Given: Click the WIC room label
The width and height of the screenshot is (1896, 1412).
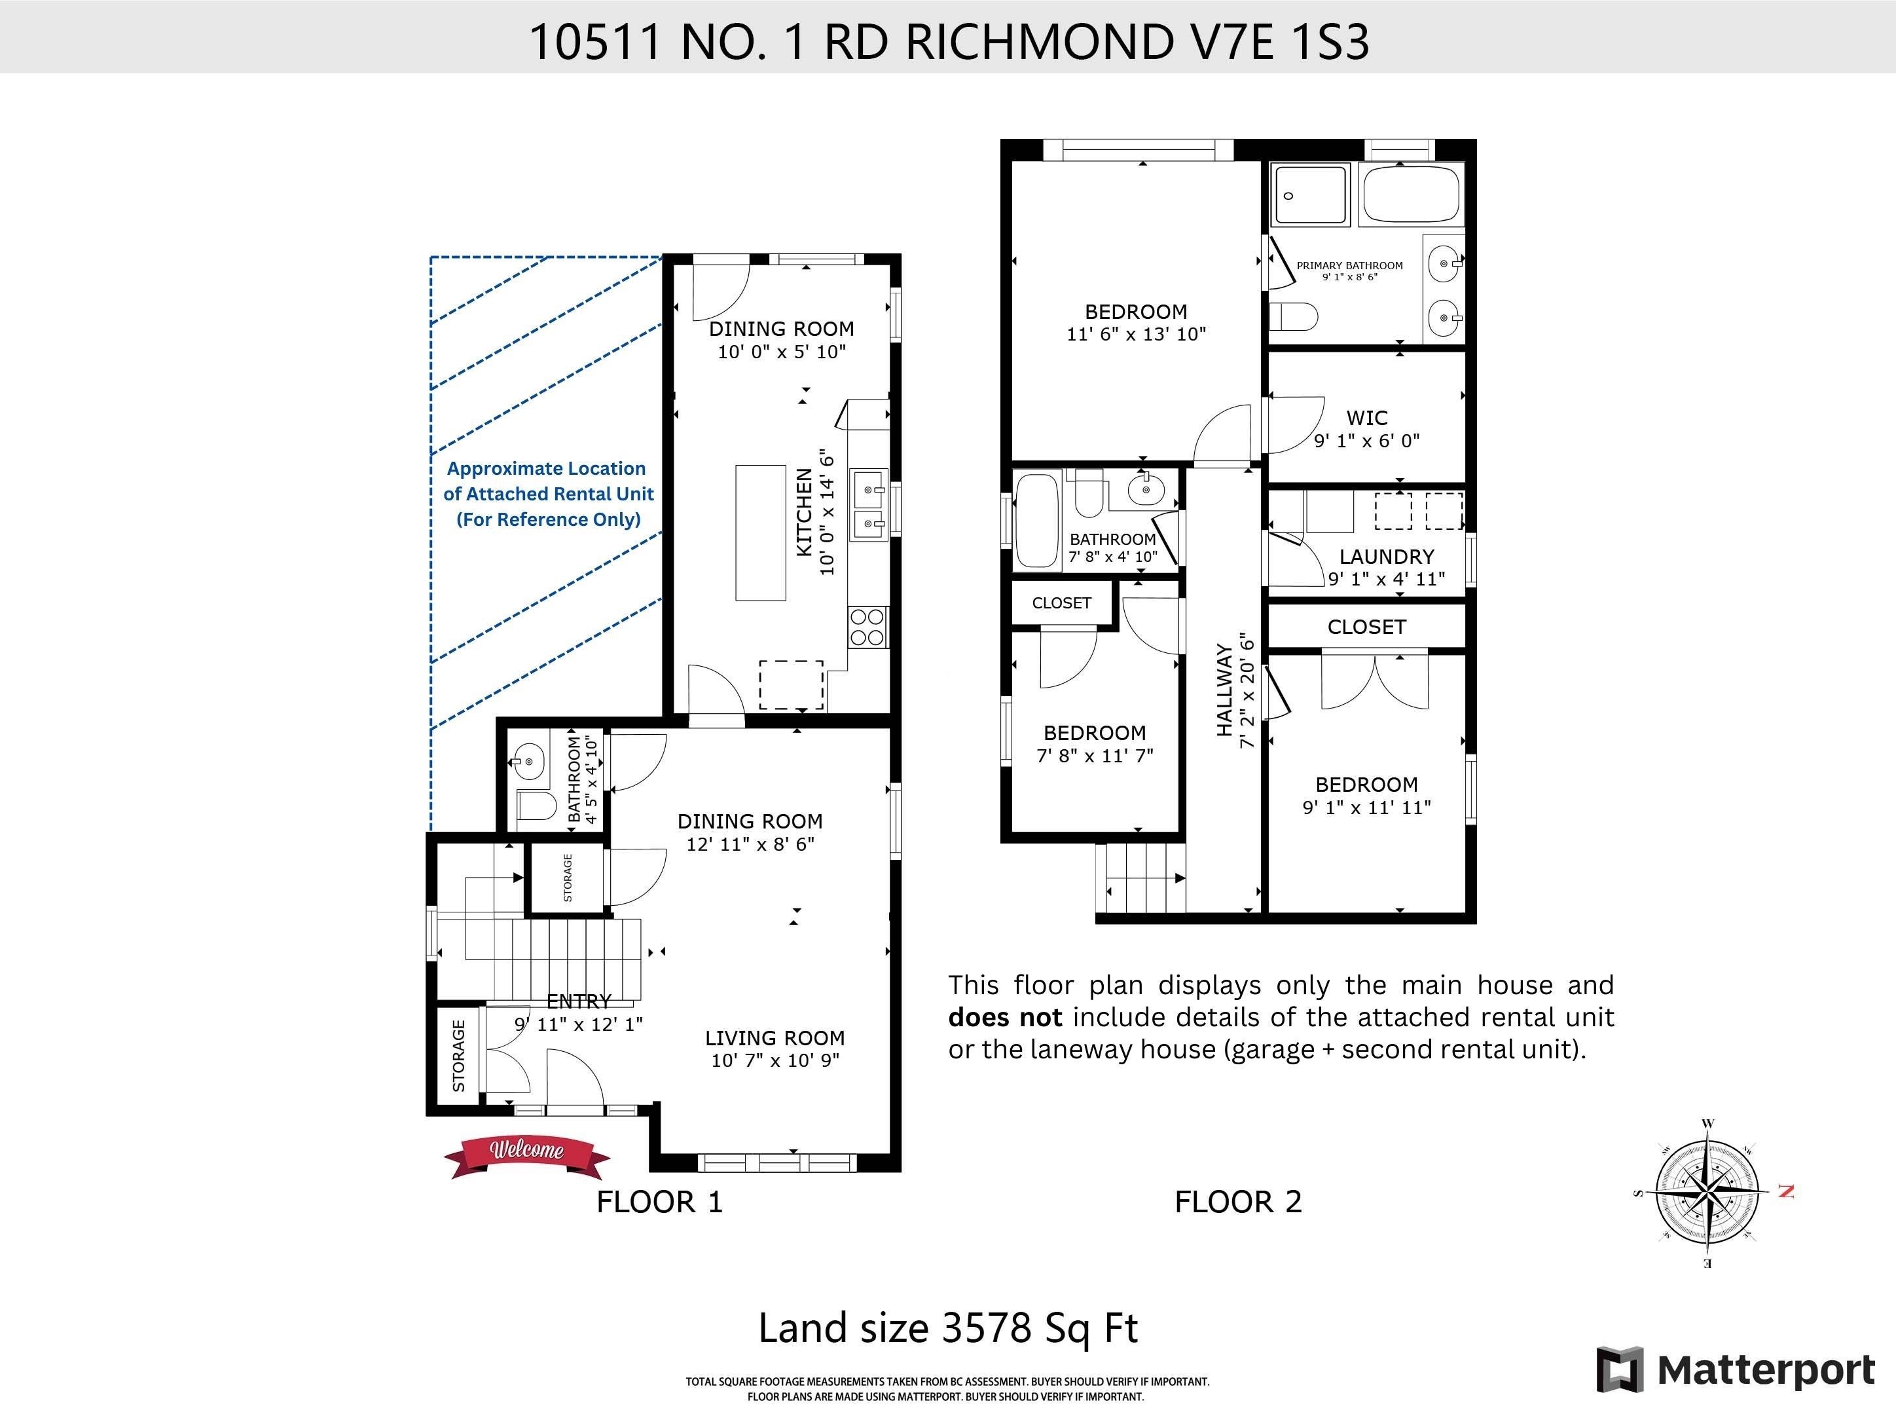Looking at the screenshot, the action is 1367,418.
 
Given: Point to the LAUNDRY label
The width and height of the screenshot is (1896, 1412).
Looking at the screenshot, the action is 1387,557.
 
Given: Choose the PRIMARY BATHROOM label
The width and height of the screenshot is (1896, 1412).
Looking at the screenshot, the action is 1350,265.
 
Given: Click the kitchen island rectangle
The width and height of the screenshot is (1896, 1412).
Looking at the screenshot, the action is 761,532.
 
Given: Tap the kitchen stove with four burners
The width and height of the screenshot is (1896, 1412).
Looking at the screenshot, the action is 868,627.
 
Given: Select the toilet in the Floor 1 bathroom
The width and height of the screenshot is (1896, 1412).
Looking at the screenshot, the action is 536,805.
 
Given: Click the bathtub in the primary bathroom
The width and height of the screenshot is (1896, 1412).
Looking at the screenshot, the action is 1412,195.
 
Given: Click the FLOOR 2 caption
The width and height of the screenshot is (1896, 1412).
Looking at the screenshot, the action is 1238,1202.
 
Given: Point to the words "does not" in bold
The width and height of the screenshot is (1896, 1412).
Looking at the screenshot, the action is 1005,1017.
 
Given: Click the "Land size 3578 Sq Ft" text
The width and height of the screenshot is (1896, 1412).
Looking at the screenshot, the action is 949,1328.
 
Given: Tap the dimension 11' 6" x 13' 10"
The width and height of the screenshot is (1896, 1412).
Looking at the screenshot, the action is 1137,334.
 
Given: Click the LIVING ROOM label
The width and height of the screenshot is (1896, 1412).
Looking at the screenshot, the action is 775,1037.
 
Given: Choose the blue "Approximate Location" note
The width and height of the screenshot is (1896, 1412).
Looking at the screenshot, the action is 548,494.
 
